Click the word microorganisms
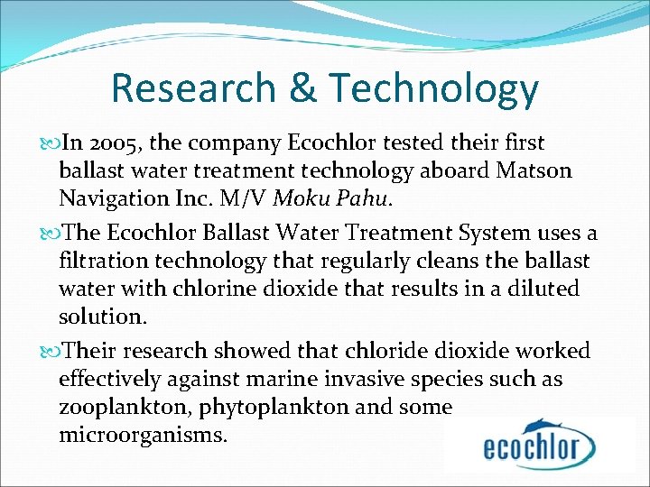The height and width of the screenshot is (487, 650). click(x=144, y=435)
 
